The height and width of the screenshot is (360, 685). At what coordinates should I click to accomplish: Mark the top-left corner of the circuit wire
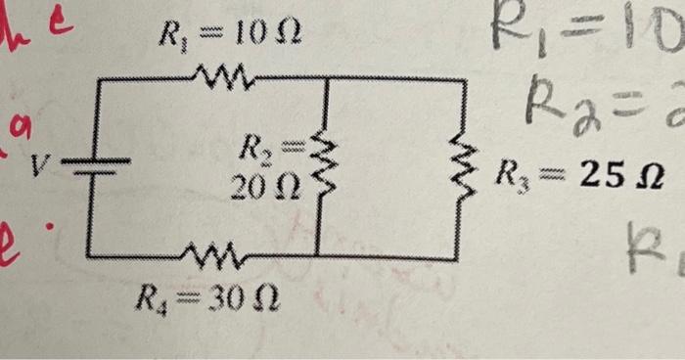click(98, 79)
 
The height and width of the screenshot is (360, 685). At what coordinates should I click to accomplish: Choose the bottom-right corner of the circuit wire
click(457, 258)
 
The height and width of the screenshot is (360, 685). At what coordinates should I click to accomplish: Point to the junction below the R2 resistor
click(318, 257)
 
